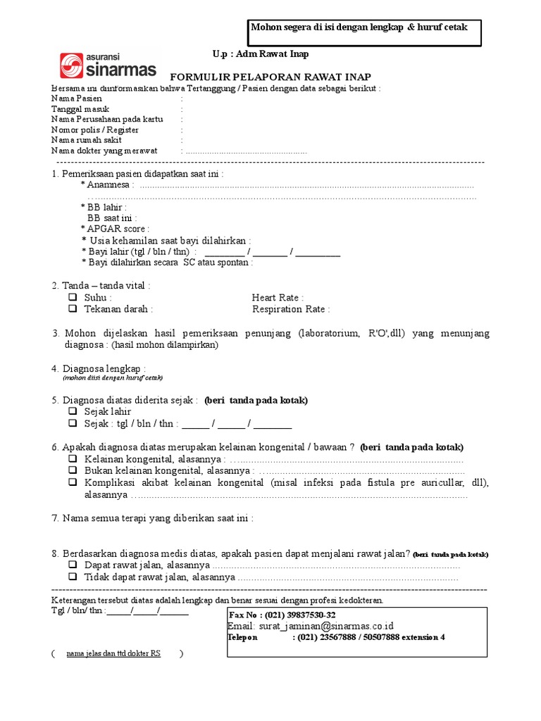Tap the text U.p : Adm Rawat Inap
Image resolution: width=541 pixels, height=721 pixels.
tap(260, 54)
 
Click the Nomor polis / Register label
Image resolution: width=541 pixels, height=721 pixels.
tap(95, 130)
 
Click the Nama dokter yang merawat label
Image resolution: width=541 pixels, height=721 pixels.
tap(104, 151)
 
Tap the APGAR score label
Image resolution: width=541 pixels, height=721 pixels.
tap(118, 229)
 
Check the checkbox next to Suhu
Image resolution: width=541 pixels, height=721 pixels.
tap(73, 298)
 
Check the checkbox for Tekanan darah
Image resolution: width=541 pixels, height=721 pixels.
tap(73, 309)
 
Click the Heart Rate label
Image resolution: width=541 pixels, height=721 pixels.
tap(278, 298)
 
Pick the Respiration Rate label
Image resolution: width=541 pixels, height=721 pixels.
tap(290, 309)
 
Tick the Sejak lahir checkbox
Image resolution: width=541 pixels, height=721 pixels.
tap(73, 411)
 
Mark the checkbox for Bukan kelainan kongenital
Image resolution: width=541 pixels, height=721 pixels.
tap(73, 470)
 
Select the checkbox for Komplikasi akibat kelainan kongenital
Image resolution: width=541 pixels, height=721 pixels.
tap(73, 482)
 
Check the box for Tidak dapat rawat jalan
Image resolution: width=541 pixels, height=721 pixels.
tap(73, 577)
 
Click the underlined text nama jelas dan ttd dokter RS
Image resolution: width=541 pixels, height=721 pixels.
tap(113, 653)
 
